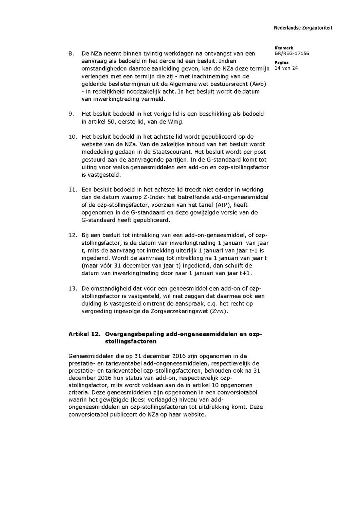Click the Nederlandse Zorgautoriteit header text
click(303, 28)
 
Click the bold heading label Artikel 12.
click(84, 334)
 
